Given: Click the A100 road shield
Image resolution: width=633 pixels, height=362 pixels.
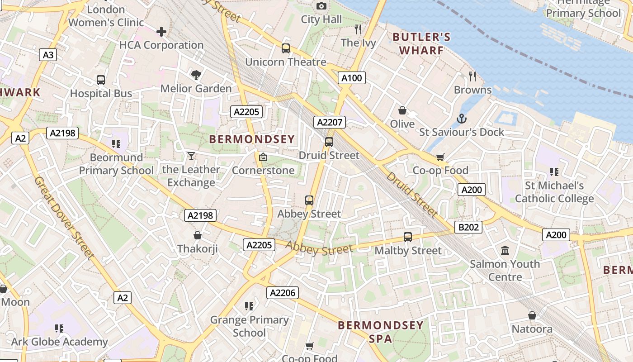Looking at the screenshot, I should point(351,78).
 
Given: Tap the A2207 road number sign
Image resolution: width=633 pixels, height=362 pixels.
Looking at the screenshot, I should point(330,122).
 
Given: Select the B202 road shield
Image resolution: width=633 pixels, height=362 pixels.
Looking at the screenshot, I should point(468,227).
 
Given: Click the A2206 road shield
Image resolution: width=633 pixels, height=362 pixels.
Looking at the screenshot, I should point(283,293).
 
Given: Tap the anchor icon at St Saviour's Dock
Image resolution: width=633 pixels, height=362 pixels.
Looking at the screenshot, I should point(461,119).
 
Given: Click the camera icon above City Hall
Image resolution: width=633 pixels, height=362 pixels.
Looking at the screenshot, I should point(321,6).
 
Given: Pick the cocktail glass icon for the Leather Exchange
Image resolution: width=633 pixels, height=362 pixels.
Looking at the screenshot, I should point(191,156).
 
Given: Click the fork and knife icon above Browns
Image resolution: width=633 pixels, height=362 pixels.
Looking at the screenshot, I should point(472,76).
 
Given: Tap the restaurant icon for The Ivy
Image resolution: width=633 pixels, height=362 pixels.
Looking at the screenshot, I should point(358,29).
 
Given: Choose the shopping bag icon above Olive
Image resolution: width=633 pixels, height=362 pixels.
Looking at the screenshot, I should point(402,110).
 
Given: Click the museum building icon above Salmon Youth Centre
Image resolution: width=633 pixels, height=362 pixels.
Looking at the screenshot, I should point(505,250).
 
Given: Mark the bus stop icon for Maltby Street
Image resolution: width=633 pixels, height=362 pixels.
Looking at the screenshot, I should point(408,237).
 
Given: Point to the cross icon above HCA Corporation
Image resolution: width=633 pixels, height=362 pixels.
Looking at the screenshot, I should point(161,32).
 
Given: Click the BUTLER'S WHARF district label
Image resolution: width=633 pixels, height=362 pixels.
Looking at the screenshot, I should point(421,43).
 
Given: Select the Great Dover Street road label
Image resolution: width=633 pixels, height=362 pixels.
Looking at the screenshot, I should point(64,218).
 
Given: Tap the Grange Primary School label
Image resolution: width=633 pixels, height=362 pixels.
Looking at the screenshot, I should point(249,326).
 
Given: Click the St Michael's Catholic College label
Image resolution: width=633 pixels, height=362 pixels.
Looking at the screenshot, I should point(554,192).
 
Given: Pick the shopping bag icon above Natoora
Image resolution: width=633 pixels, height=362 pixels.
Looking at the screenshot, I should point(532,315).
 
